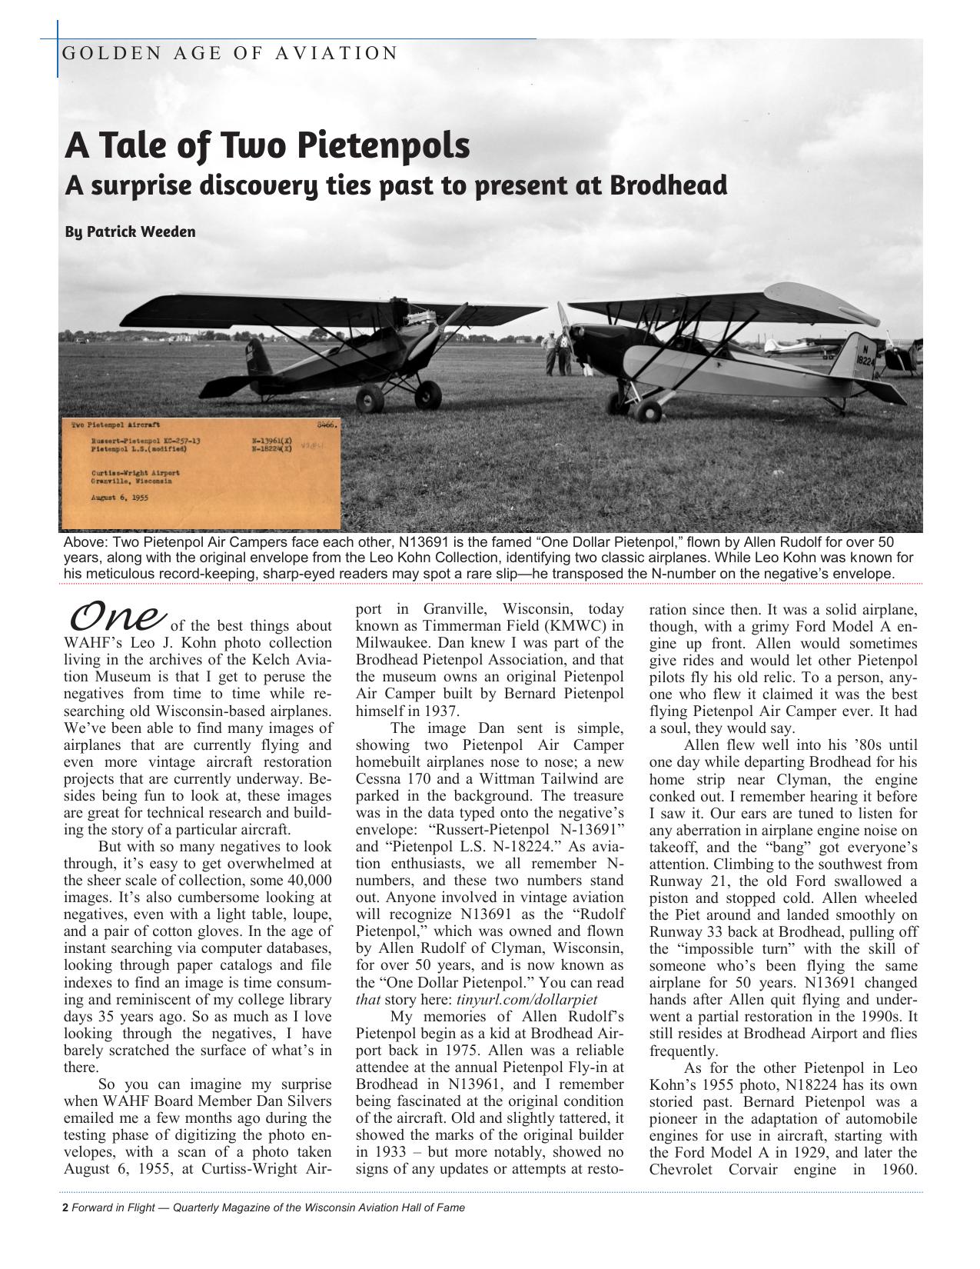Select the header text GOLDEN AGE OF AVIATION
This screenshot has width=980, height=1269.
pos(229,53)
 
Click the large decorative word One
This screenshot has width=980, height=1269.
pos(118,616)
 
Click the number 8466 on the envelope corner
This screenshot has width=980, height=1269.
pos(327,423)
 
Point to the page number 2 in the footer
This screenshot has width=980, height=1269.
pos(65,1207)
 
